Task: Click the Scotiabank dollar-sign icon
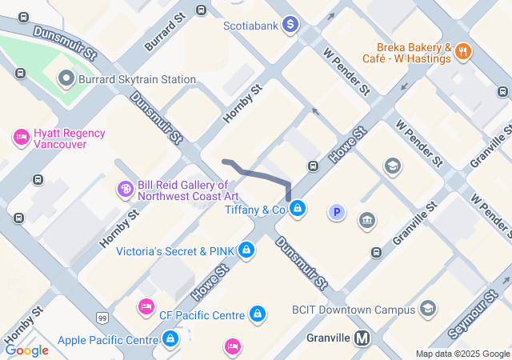[291, 26]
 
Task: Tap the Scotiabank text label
[250, 26]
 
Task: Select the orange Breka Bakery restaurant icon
[463, 52]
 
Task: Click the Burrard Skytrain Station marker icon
[66, 79]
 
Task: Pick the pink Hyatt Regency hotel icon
[21, 138]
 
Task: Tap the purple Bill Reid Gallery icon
[125, 190]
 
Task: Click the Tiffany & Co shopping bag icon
[298, 210]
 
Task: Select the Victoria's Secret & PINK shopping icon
[246, 250]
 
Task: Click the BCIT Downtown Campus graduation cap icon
[428, 309]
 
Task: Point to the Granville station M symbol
[362, 338]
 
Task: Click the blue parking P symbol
[338, 212]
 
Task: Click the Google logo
[26, 350]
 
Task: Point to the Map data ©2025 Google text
[462, 354]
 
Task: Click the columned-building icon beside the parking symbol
[368, 220]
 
